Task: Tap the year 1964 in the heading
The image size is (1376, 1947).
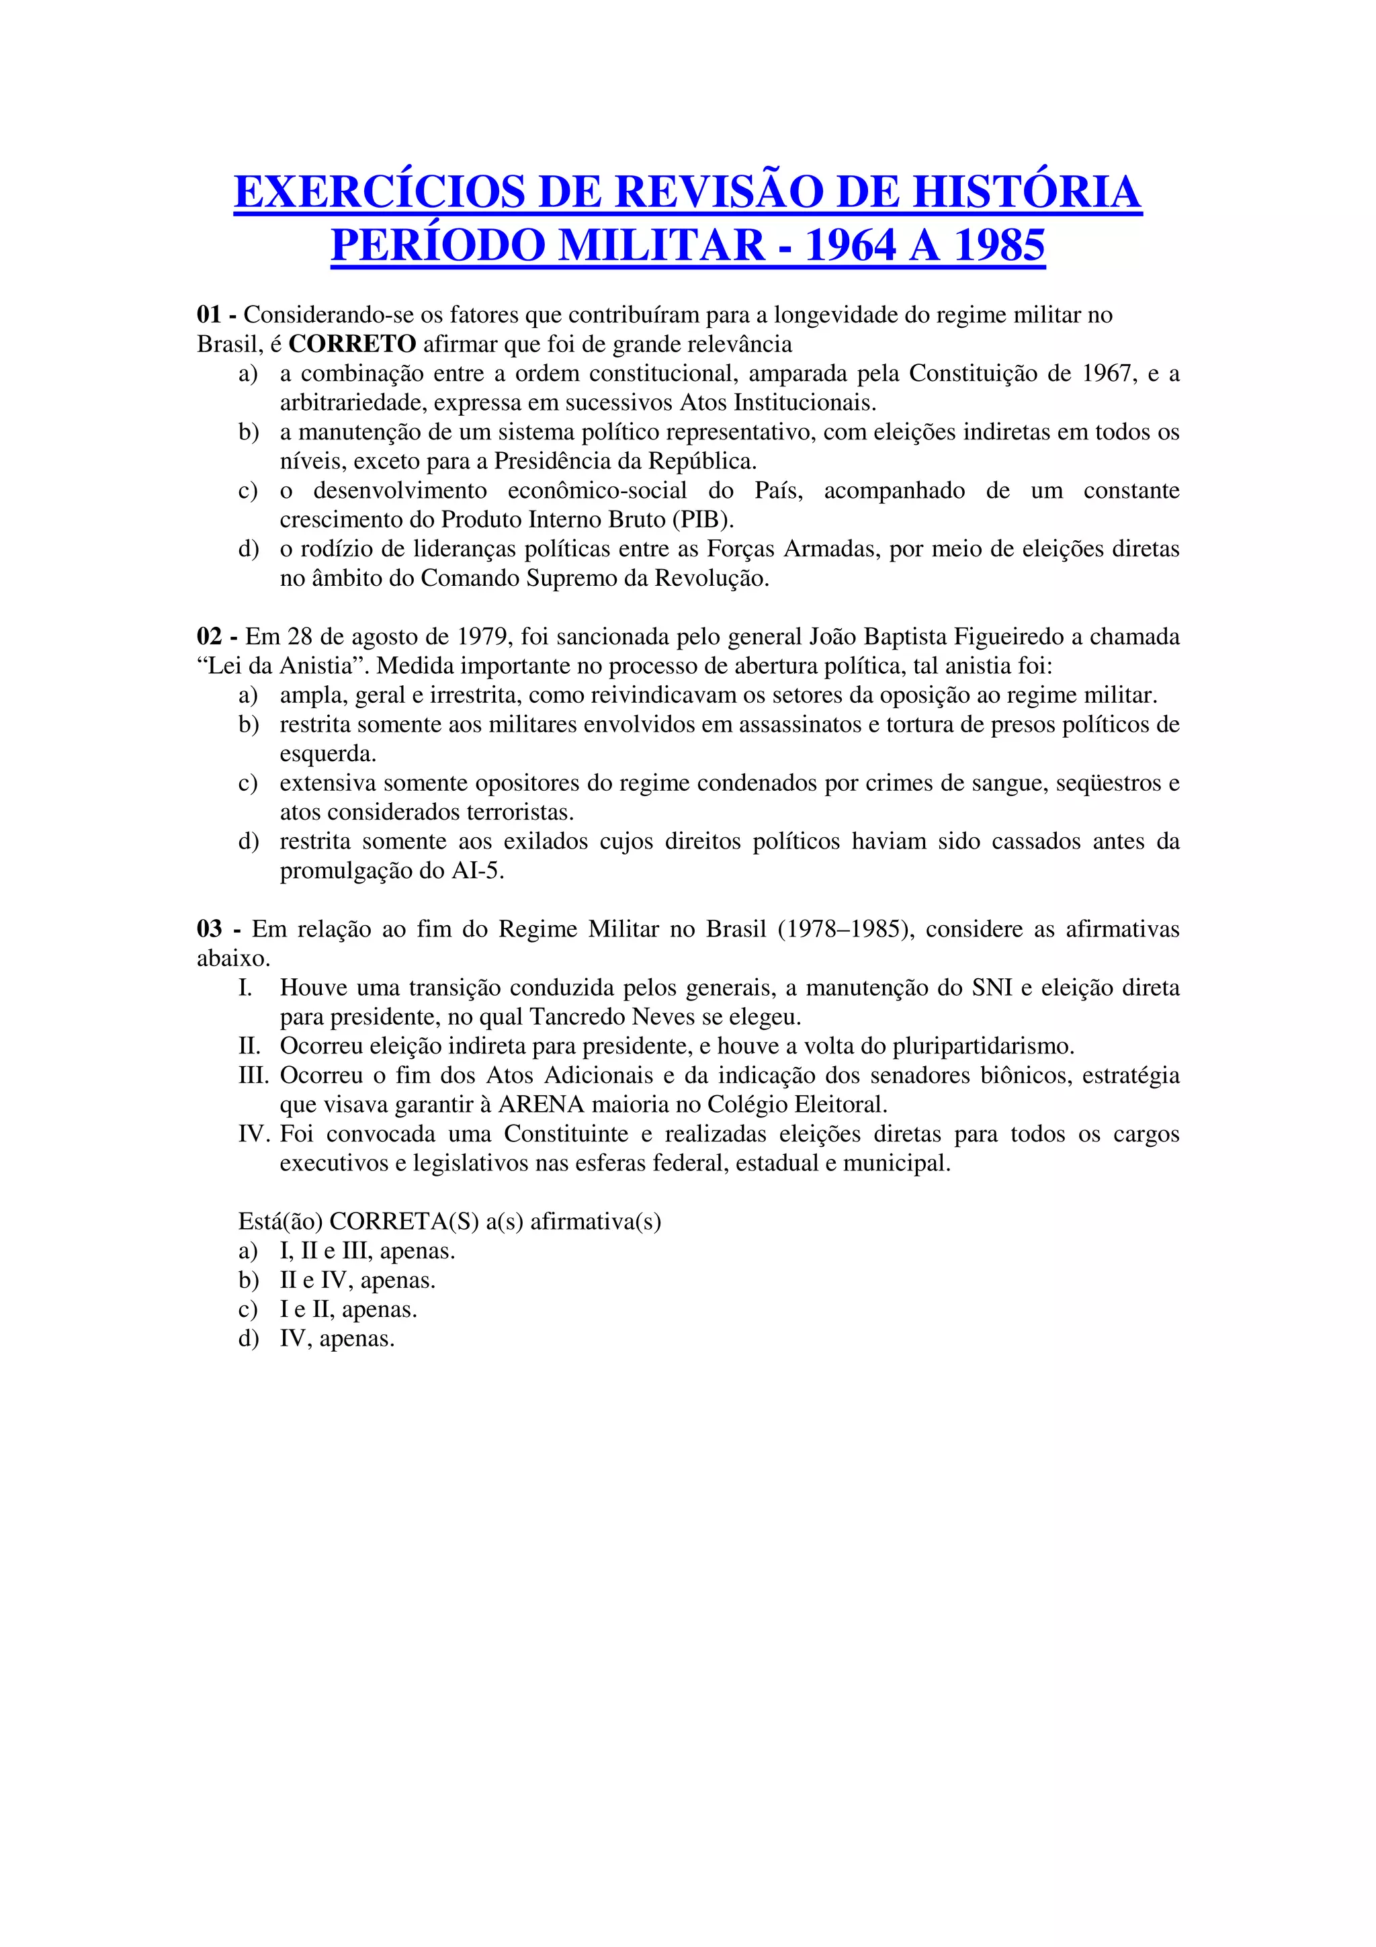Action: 851,246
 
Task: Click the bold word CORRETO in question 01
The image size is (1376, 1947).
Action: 352,344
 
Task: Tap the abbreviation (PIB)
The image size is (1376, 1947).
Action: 703,520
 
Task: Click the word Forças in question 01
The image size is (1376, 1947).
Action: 741,549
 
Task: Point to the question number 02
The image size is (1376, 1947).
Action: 210,637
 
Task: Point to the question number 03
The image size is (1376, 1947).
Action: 210,929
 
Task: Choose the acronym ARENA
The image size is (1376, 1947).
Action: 541,1105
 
